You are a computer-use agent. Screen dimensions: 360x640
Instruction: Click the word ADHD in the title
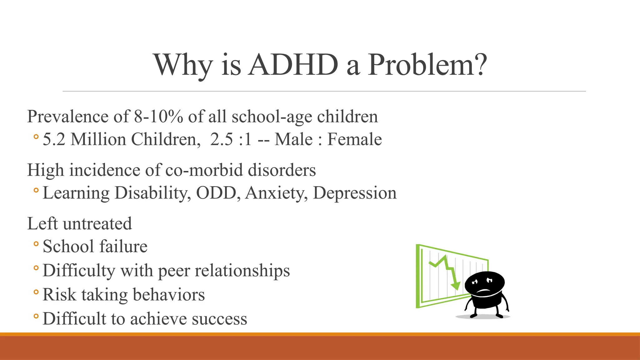coord(293,65)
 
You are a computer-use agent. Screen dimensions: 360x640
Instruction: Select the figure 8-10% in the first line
coord(159,117)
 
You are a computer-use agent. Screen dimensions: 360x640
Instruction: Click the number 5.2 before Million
coord(54,139)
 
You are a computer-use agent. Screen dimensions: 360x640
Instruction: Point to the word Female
coord(354,139)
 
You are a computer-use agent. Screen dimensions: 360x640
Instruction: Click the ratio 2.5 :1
coord(231,139)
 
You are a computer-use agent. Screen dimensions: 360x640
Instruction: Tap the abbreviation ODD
coord(216,193)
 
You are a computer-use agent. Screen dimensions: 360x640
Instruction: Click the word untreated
coord(97,224)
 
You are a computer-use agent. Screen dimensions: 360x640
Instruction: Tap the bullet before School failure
coord(36,244)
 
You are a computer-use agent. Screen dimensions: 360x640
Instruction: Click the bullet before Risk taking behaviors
coord(36,292)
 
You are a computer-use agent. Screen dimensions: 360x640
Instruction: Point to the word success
coord(219,319)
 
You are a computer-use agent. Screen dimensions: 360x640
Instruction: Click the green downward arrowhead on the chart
coord(456,286)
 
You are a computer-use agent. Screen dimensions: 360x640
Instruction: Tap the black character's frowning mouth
coord(483,291)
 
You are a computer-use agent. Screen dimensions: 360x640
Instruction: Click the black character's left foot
coord(474,316)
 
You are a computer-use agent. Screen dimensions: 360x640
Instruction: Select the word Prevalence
coord(67,117)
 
